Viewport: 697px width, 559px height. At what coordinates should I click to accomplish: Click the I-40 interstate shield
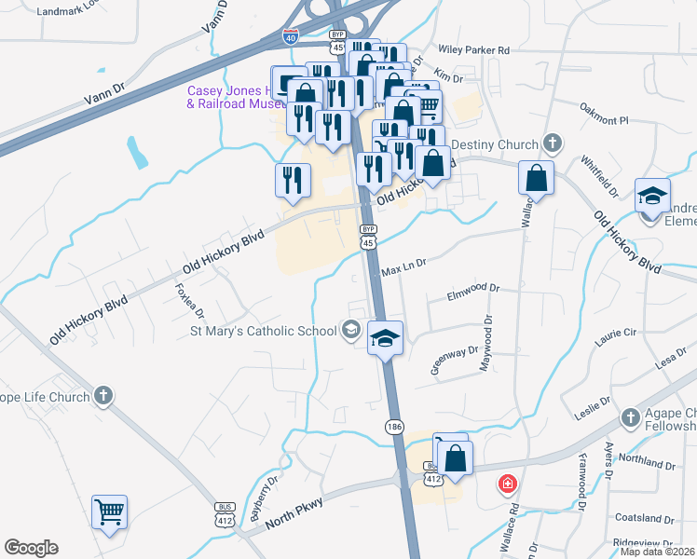point(291,36)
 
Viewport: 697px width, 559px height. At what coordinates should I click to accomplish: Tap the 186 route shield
point(393,425)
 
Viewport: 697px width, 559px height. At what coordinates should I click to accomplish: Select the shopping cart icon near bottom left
point(109,511)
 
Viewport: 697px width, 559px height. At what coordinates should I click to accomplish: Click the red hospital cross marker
point(507,484)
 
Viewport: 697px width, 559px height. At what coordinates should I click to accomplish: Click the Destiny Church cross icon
point(553,144)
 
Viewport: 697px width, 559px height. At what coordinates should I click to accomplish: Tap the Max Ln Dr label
point(403,265)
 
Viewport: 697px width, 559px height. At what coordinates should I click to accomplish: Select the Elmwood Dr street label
point(473,290)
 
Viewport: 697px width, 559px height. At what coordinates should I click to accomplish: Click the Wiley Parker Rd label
point(478,50)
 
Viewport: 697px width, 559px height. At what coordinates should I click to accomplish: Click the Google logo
point(31,548)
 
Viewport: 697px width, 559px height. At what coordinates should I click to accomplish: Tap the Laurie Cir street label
point(616,332)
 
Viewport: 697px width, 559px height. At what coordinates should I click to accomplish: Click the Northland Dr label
point(644,462)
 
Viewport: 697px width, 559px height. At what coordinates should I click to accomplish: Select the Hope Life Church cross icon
point(102,397)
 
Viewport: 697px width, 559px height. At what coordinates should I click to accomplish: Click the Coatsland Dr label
point(644,518)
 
